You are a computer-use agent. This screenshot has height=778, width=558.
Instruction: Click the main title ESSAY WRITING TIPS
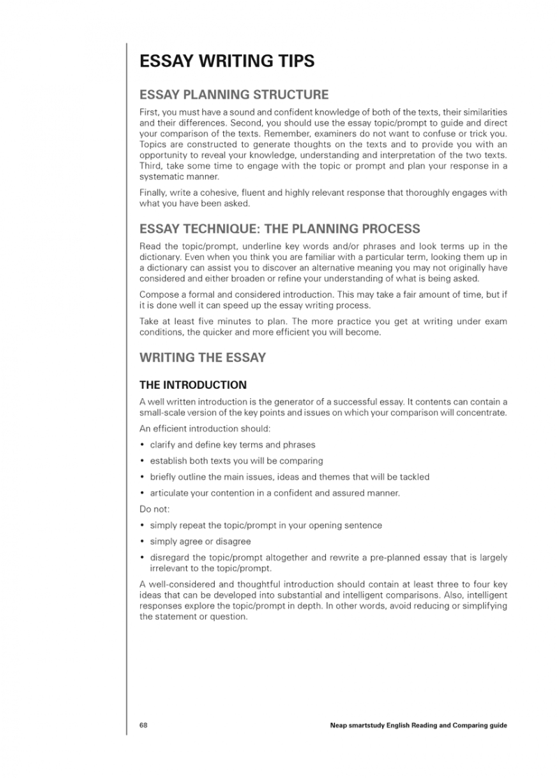pos(227,61)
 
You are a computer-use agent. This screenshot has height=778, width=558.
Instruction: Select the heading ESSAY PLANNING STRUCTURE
pos(234,94)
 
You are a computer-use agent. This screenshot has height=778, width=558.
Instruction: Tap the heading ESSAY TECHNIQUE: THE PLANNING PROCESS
pos(280,229)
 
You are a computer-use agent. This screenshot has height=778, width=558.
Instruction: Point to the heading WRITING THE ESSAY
pos(203,358)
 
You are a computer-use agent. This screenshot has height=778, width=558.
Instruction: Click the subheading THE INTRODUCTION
pos(193,384)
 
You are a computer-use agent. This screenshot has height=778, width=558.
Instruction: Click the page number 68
pos(143,725)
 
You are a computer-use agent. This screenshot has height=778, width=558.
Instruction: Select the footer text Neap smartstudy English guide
pos(418,725)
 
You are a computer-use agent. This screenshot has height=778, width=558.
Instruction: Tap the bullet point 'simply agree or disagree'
pos(200,541)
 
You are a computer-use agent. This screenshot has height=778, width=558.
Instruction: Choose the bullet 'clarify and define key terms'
pos(232,445)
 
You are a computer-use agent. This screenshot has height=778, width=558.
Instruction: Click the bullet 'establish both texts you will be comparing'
pos(236,461)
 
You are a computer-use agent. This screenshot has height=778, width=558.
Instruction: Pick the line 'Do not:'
pos(154,509)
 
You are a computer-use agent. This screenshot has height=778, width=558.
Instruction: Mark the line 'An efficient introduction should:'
pos(205,428)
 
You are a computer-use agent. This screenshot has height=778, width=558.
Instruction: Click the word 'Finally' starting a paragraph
pos(152,192)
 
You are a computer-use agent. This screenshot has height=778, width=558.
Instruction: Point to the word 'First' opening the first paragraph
pos(149,112)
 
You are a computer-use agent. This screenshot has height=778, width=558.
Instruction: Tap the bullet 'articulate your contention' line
pos(275,493)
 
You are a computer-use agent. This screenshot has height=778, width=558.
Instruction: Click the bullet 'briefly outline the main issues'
pos(289,477)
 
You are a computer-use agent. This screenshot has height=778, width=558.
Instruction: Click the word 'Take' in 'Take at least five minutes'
pos(149,321)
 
